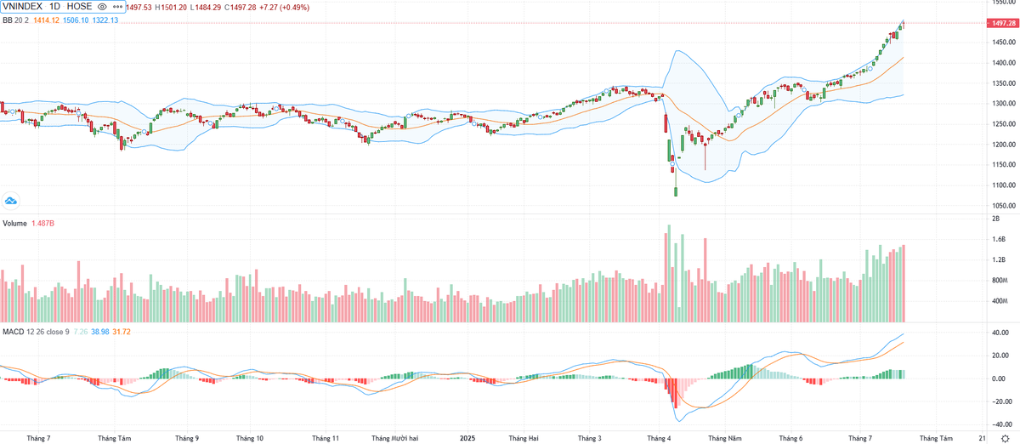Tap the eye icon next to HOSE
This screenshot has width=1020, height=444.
[x=102, y=7]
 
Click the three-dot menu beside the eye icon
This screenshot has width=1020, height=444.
[x=116, y=7]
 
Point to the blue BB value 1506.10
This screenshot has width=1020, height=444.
[x=75, y=20]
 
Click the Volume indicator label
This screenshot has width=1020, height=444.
[x=15, y=224]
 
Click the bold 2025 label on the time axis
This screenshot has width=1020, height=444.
[x=467, y=438]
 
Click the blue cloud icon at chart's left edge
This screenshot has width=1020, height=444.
[x=11, y=201]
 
